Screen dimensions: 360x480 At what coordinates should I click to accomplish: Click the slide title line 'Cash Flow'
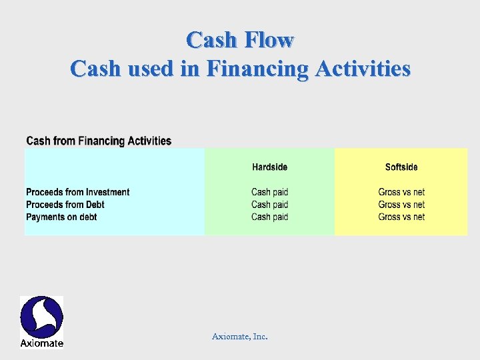(x=240, y=40)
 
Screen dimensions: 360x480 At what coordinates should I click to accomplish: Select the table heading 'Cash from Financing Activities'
(x=99, y=141)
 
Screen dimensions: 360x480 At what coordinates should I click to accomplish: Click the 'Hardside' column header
(x=269, y=167)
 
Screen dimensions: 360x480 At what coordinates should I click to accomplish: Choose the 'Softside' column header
(x=401, y=167)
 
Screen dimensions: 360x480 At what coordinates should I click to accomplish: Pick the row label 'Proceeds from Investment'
(x=77, y=192)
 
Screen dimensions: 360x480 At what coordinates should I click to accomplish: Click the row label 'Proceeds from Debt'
(x=65, y=205)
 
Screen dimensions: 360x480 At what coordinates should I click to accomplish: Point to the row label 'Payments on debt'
(x=61, y=217)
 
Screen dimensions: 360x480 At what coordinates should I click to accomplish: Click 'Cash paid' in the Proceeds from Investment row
(x=269, y=192)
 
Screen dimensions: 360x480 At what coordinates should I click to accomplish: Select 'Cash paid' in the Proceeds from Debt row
(x=269, y=205)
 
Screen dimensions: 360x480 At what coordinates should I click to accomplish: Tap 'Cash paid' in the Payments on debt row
(x=269, y=217)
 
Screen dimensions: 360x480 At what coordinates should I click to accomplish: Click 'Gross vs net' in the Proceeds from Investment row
(x=401, y=192)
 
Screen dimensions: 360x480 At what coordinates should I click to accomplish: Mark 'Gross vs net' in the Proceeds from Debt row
(x=401, y=205)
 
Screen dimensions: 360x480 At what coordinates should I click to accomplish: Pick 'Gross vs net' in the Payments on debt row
(x=401, y=217)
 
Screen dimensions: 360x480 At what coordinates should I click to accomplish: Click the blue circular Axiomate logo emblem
(x=41, y=317)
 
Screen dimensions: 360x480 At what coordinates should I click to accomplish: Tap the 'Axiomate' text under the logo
(x=41, y=343)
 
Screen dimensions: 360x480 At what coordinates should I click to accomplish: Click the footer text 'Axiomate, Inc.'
(x=240, y=337)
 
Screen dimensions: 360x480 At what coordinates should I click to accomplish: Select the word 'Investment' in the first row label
(x=107, y=192)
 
